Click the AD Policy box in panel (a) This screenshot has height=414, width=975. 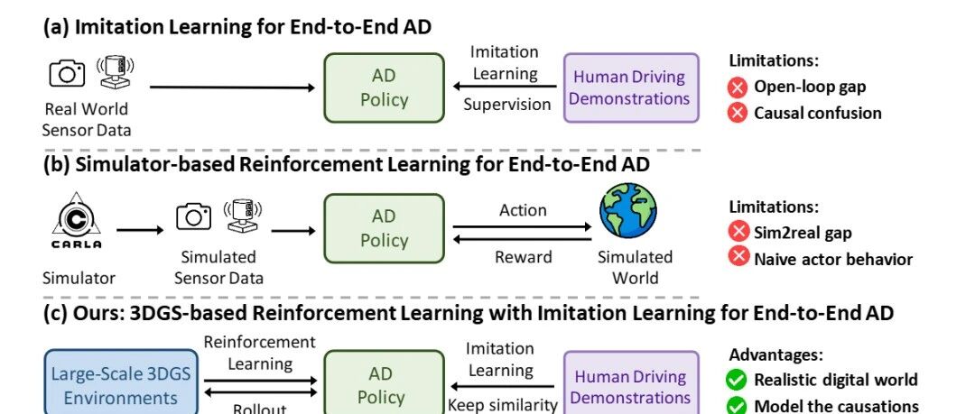tap(385, 87)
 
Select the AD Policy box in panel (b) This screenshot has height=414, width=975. tap(385, 228)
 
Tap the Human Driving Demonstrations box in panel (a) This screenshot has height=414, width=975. tap(631, 87)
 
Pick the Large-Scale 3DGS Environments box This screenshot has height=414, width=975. tap(120, 383)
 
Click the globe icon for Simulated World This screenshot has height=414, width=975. tap(628, 211)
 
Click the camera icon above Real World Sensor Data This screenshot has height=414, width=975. tap(67, 72)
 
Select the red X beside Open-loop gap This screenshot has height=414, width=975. tap(738, 87)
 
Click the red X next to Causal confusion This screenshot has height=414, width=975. tap(738, 113)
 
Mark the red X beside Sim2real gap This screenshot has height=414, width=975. tap(738, 232)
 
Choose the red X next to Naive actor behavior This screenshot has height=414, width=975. tap(738, 258)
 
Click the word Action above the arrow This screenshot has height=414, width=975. tap(523, 210)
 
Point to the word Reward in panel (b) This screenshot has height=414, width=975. tap(523, 257)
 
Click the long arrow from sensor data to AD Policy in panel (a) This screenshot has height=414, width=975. tap(232, 87)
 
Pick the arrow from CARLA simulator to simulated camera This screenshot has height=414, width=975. tap(140, 229)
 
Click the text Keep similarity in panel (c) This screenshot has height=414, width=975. tap(503, 405)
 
